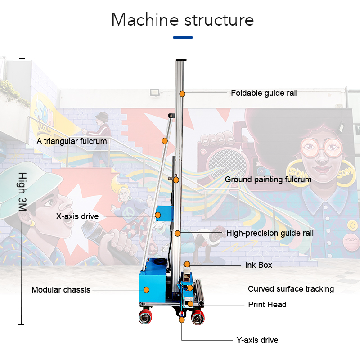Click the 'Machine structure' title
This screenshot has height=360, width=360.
click(182, 20)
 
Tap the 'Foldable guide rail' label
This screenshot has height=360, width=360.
click(264, 93)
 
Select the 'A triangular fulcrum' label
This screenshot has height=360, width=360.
click(72, 141)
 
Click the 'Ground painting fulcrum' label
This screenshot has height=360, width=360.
click(268, 180)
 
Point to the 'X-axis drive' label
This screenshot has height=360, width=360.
click(77, 216)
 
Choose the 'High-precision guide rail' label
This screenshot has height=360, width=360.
click(270, 233)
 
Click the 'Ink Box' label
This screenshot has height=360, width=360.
click(258, 265)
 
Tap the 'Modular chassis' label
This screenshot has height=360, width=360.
click(61, 290)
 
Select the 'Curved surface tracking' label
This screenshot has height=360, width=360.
click(291, 288)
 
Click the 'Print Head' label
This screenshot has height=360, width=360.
click(267, 305)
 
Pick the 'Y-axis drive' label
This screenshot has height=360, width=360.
click(257, 340)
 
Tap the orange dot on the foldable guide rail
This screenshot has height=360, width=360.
click(182, 94)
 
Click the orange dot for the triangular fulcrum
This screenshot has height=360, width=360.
click(165, 141)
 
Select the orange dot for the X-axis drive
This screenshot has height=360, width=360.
click(158, 216)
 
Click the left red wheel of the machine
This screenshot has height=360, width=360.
click(145, 318)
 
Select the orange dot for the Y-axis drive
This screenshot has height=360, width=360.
click(182, 320)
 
